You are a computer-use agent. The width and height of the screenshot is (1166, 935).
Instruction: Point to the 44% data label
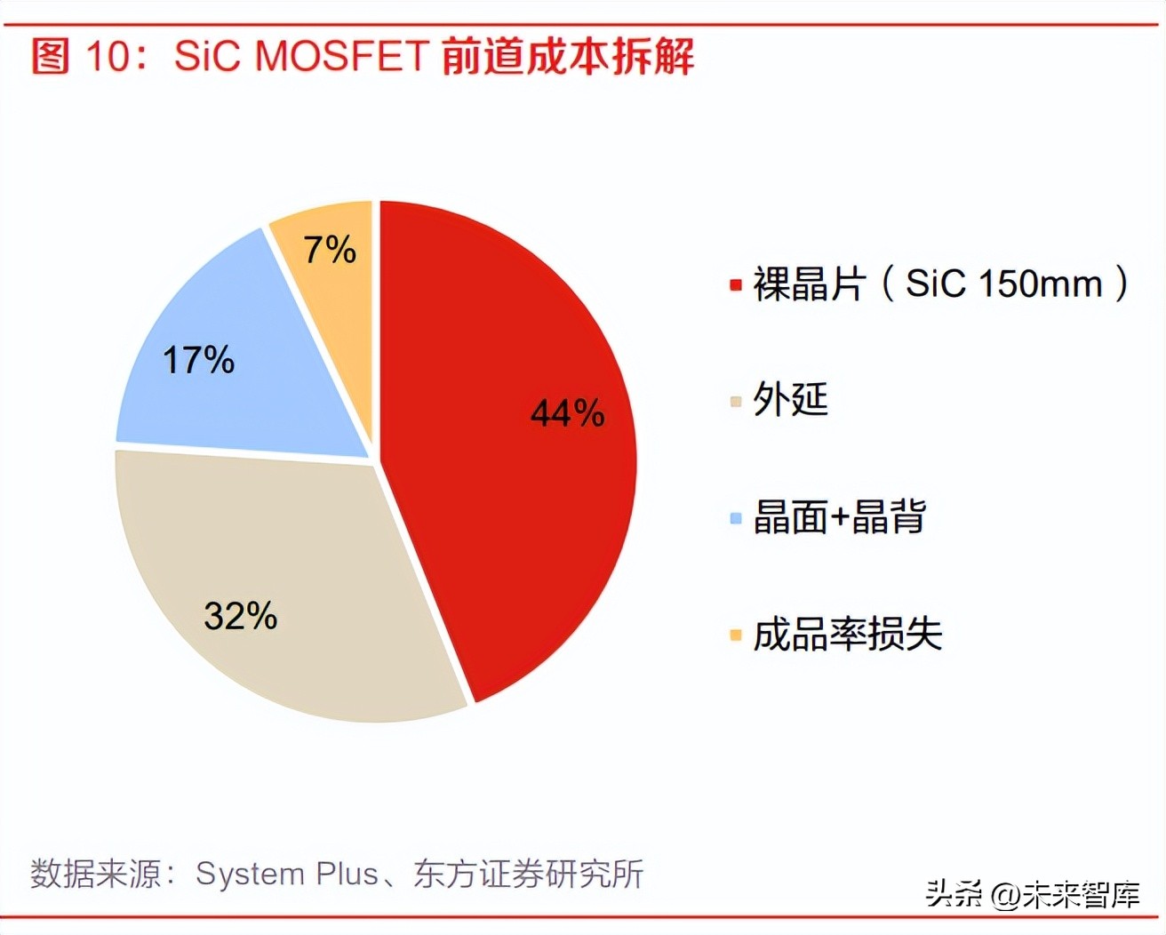(x=567, y=413)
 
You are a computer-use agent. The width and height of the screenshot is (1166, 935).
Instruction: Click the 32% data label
(x=240, y=615)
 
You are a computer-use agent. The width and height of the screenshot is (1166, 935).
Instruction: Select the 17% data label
(x=198, y=360)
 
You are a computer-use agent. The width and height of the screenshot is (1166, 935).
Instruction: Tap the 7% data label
(x=330, y=250)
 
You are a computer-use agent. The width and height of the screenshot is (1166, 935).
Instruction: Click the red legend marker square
(x=736, y=285)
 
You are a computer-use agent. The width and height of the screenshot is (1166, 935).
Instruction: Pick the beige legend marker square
(x=736, y=402)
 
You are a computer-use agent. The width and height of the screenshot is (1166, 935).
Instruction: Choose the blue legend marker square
(x=736, y=518)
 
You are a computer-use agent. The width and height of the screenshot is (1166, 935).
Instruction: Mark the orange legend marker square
(x=736, y=635)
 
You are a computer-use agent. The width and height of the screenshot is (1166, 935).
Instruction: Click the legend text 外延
(x=790, y=399)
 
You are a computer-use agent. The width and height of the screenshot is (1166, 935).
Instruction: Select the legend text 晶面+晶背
(x=839, y=516)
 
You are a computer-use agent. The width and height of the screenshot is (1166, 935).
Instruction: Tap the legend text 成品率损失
(x=847, y=634)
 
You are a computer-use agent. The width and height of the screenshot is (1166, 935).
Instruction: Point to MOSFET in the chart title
(x=342, y=56)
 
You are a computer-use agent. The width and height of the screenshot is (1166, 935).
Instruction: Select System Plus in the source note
(x=287, y=874)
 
